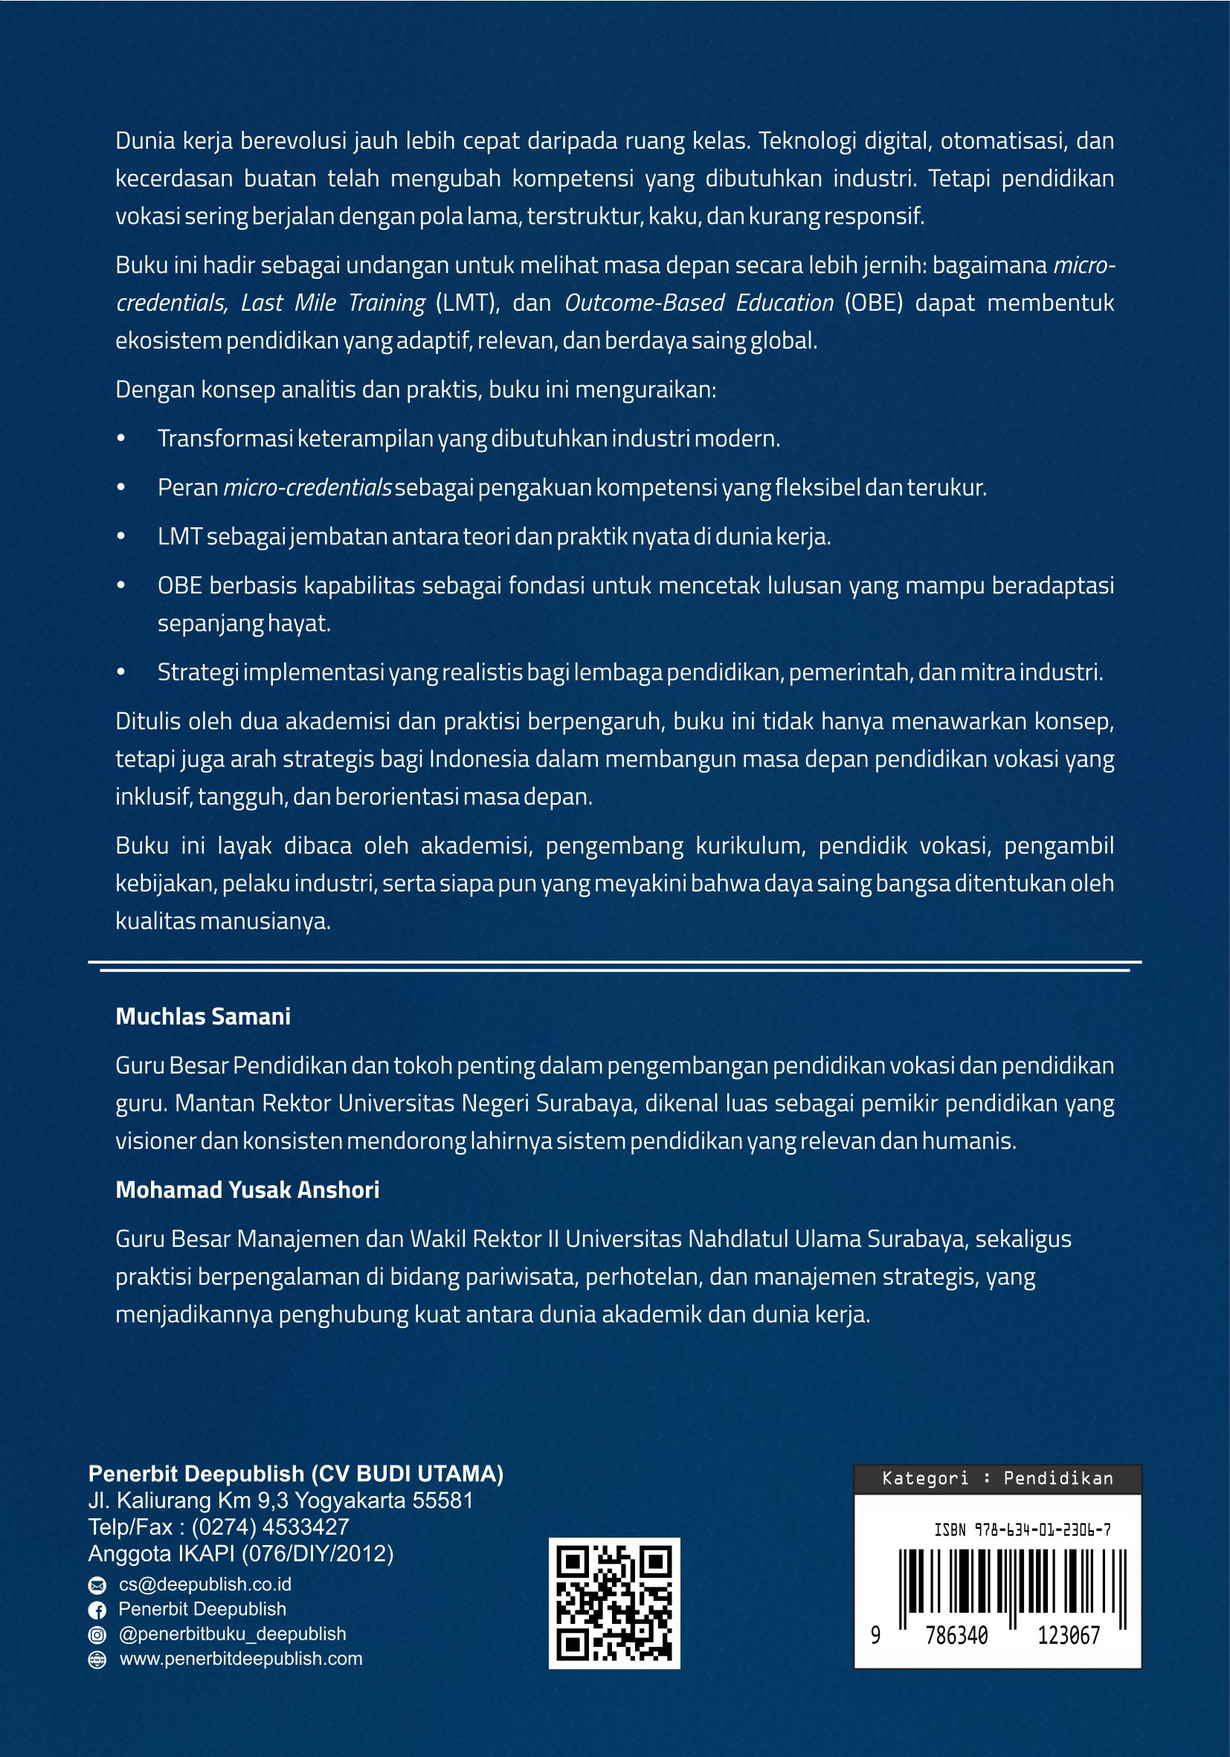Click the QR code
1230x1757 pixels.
click(x=614, y=1602)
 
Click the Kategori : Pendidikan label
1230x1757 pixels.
click(x=996, y=1477)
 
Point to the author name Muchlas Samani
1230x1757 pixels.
click(x=203, y=1016)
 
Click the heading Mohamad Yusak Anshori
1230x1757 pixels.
click(x=247, y=1189)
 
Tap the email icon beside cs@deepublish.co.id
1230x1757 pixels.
click(x=97, y=1584)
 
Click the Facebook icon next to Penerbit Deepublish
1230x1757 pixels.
click(x=97, y=1609)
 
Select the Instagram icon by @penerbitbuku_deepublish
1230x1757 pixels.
click(x=97, y=1634)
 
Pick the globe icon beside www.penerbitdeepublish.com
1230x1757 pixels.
click(x=97, y=1660)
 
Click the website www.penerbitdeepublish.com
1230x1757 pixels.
click(x=241, y=1659)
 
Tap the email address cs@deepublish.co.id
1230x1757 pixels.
click(x=205, y=1584)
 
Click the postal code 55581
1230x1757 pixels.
click(x=442, y=1500)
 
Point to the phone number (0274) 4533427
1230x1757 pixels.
click(x=270, y=1527)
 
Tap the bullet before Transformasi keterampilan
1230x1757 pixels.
click(x=121, y=439)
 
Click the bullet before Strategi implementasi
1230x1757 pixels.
click(x=121, y=673)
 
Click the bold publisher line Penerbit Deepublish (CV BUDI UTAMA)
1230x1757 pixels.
click(x=295, y=1473)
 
